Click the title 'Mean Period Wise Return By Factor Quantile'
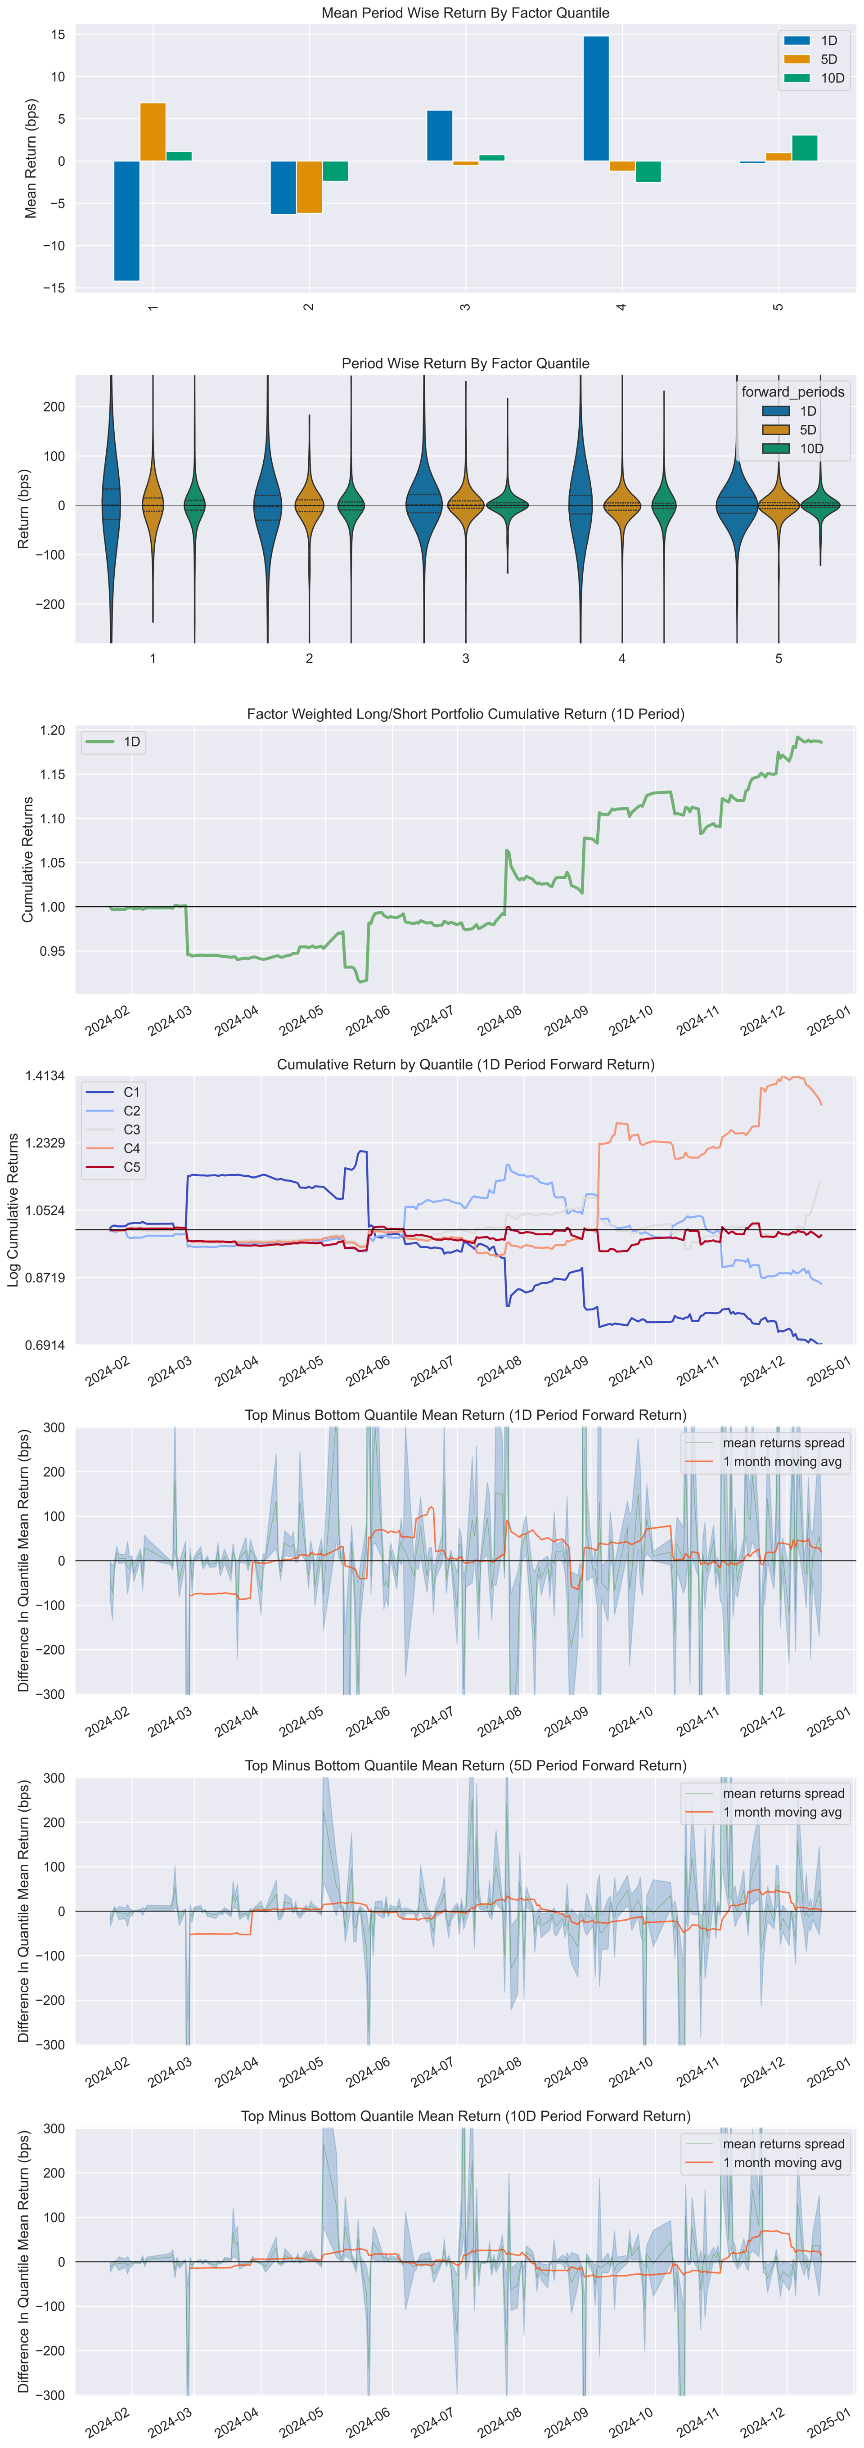point(465,12)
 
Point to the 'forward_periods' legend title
point(793,391)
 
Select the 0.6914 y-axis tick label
point(45,1345)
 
